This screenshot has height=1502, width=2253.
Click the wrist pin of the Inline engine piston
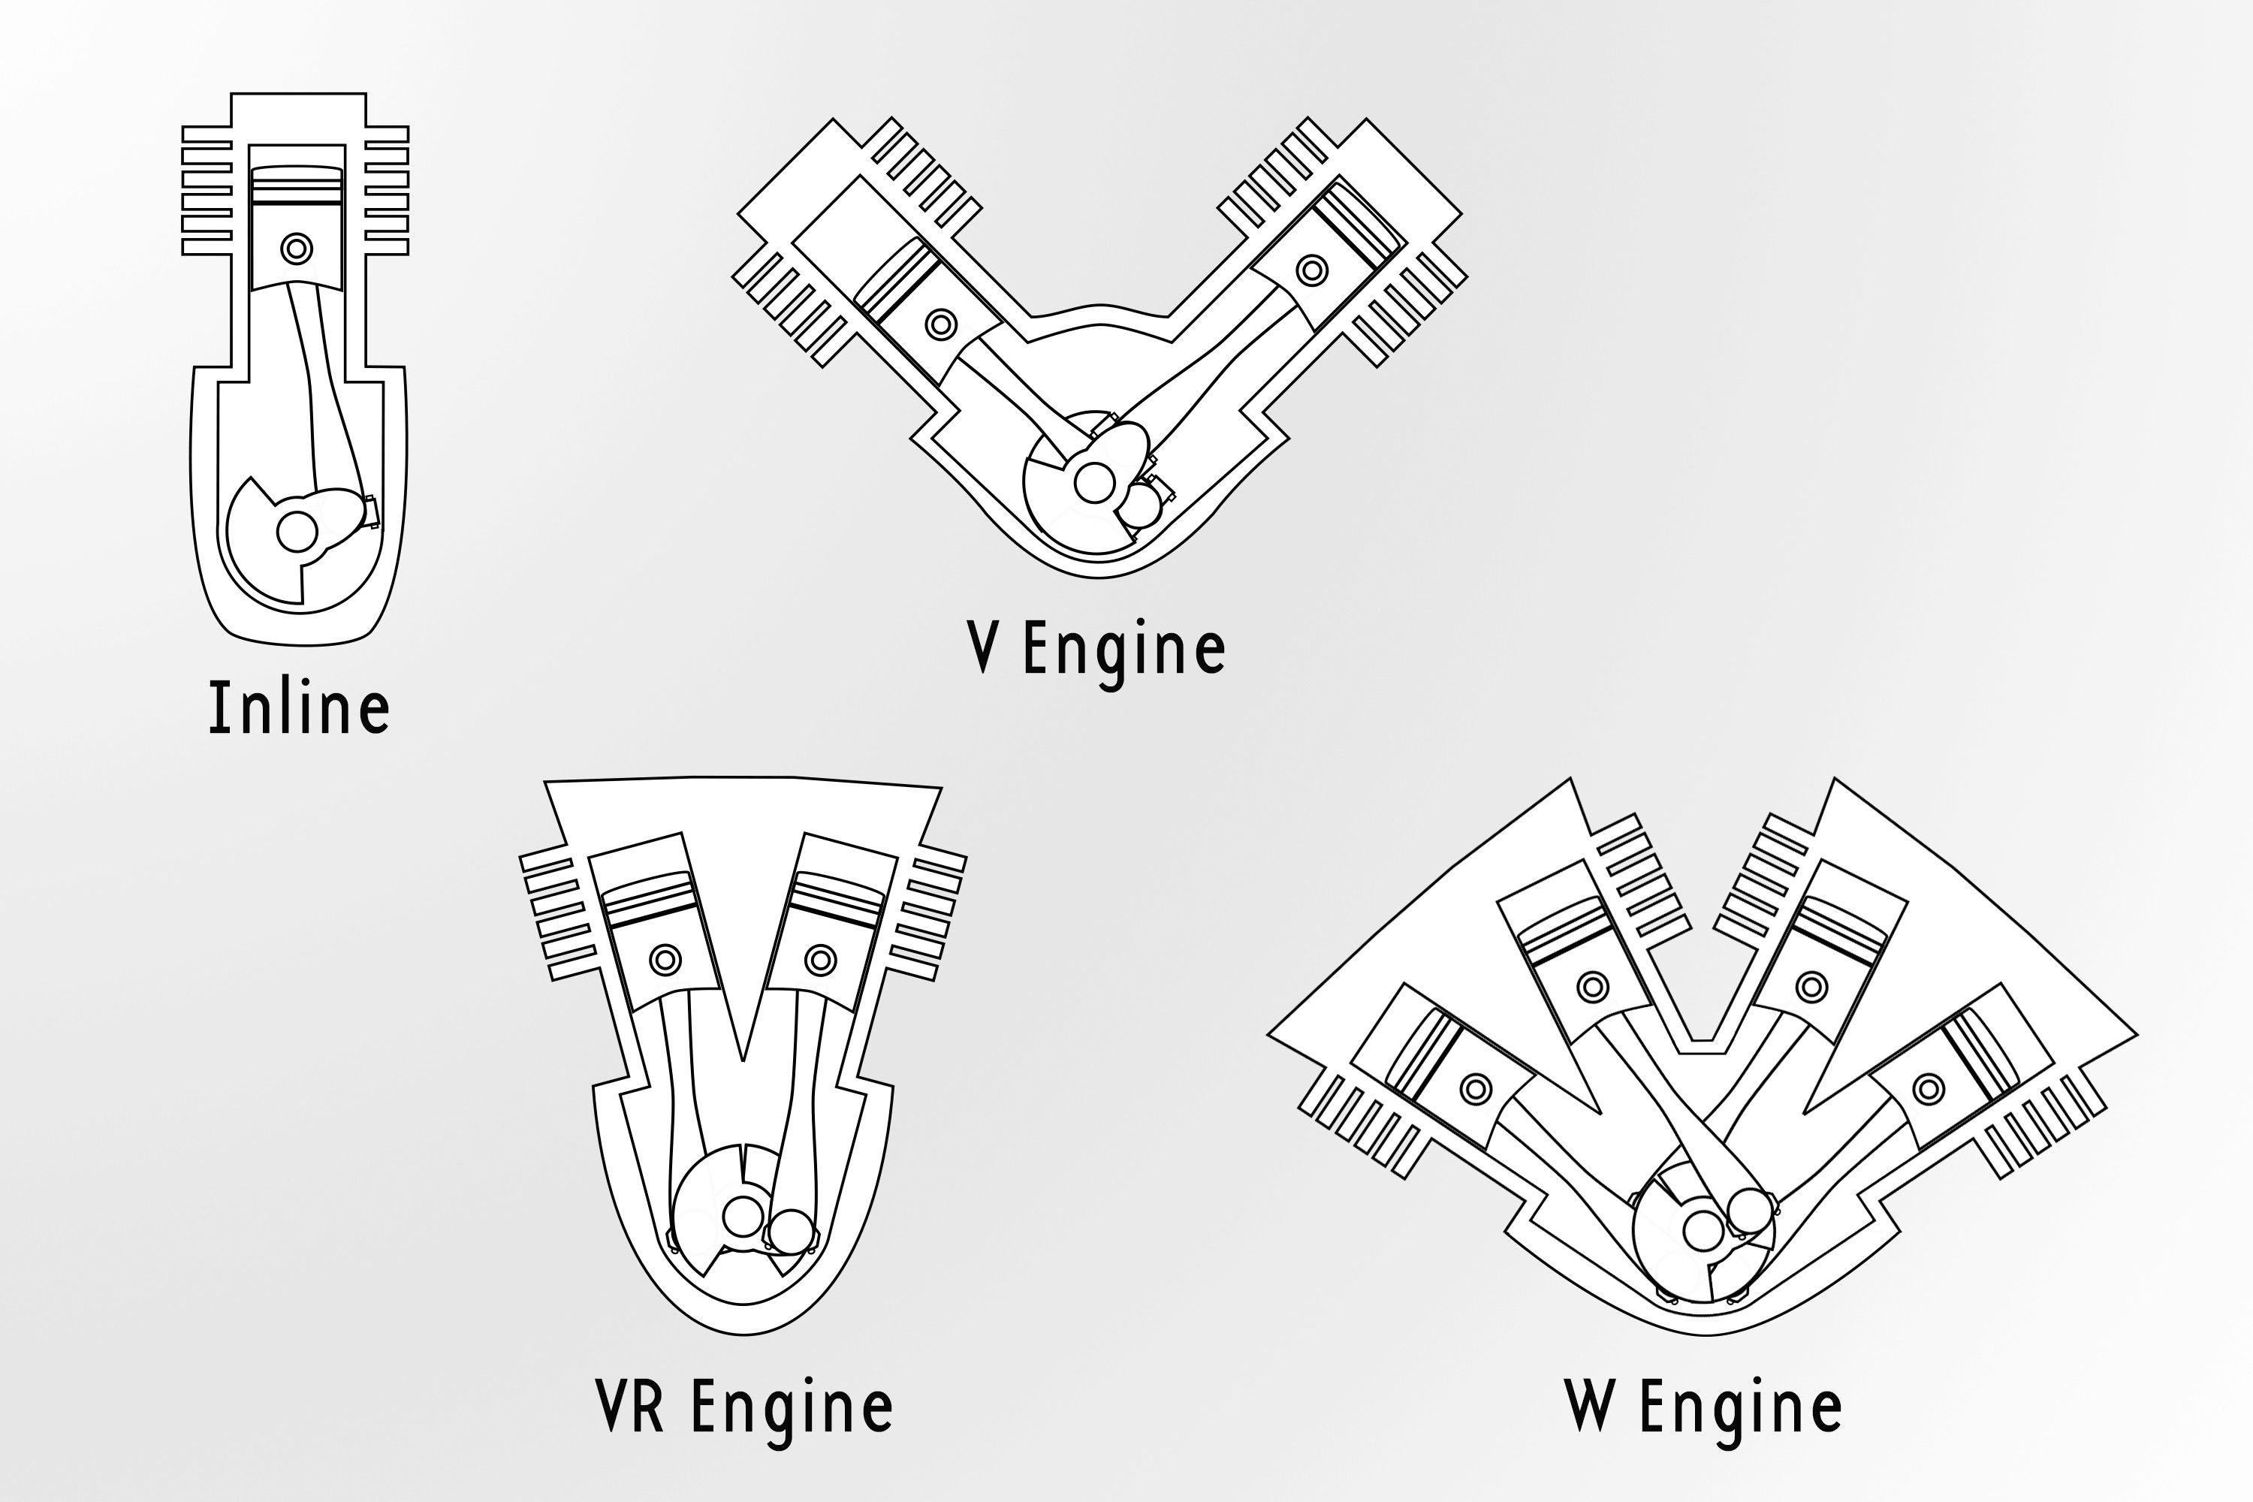tap(297, 249)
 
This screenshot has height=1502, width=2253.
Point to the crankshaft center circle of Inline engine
tap(297, 531)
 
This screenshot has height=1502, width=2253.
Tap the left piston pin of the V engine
tap(942, 324)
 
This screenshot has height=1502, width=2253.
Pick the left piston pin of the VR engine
tap(665, 959)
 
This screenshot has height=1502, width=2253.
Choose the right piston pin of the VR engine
tap(820, 959)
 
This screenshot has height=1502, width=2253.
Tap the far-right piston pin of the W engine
tap(1927, 1089)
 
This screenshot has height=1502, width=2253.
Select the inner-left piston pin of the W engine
tap(1592, 985)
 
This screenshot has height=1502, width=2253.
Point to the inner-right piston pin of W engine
tap(1811, 985)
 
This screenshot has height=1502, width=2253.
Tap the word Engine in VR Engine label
tap(792, 1407)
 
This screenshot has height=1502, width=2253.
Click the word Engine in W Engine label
tap(1739, 1407)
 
